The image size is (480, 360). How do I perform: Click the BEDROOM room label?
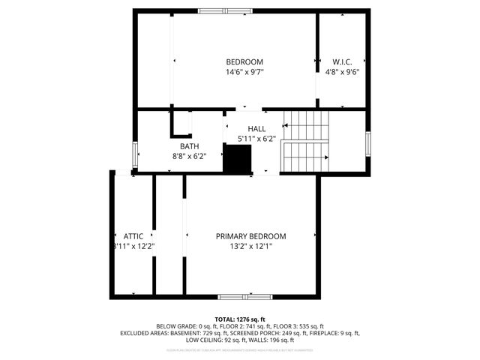[x=244, y=61]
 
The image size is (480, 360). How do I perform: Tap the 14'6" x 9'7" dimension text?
[x=244, y=72]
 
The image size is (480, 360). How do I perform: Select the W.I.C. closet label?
[x=343, y=61]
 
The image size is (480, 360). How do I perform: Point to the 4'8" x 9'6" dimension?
[x=343, y=72]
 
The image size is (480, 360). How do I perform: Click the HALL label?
[x=256, y=129]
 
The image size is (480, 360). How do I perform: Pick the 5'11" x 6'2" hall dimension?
[x=256, y=139]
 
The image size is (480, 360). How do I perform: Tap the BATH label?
[x=189, y=146]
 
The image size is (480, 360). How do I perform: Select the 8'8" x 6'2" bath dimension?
[x=189, y=156]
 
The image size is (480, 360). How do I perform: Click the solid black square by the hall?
[x=239, y=160]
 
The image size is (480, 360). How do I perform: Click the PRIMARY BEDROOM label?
[x=250, y=235]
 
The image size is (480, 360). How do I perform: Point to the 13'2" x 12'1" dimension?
[x=250, y=246]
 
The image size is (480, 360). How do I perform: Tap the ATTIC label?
[x=133, y=235]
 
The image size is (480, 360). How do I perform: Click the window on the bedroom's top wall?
[x=226, y=10]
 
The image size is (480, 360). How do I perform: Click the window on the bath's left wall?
[x=135, y=154]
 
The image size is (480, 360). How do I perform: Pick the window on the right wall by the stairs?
[x=367, y=142]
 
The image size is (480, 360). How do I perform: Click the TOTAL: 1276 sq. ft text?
[x=240, y=319]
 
